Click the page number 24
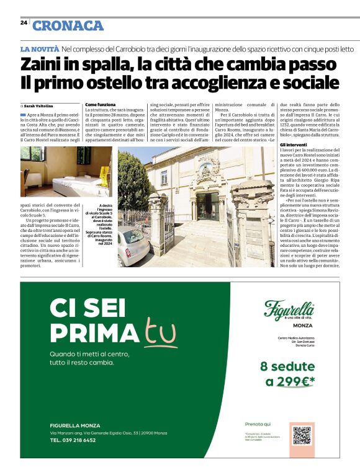pyautogui.click(x=23, y=22)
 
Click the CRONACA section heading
pyautogui.click(x=68, y=25)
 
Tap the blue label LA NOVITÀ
pyautogui.click(x=40, y=48)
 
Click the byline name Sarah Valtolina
pyautogui.click(x=38, y=106)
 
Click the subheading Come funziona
pyautogui.click(x=100, y=105)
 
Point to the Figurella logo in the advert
pyautogui.click(x=289, y=308)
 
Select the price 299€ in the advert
pyautogui.click(x=294, y=381)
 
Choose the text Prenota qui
pyautogui.click(x=258, y=424)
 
